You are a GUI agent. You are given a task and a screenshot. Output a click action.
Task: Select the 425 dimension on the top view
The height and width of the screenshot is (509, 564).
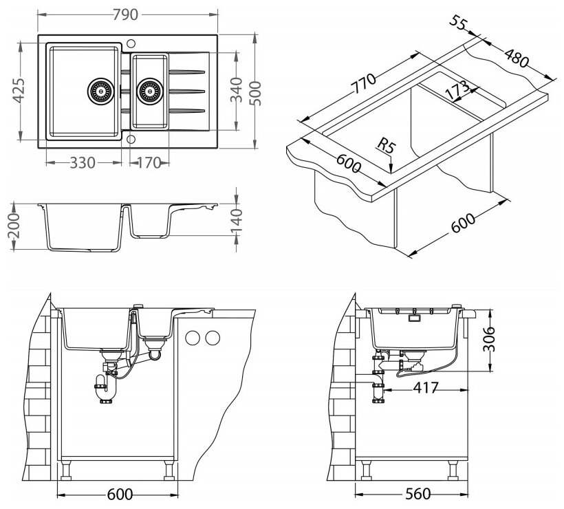19,90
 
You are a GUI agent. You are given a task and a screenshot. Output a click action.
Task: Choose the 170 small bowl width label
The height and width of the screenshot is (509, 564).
147,163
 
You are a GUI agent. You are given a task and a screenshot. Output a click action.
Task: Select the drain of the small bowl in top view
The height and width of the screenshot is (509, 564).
149,90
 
